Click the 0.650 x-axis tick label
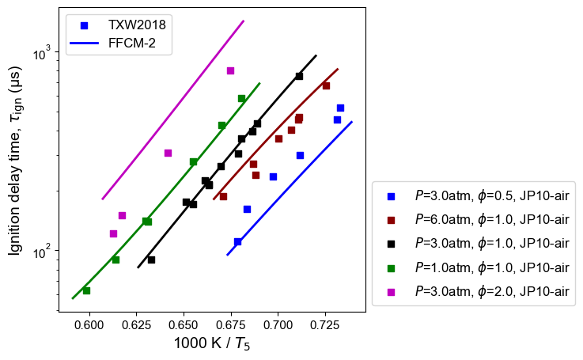tap(184, 325)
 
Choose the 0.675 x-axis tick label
tap(231, 325)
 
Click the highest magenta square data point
tap(230, 70)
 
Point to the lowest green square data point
tap(86, 290)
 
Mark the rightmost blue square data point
tap(340, 108)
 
